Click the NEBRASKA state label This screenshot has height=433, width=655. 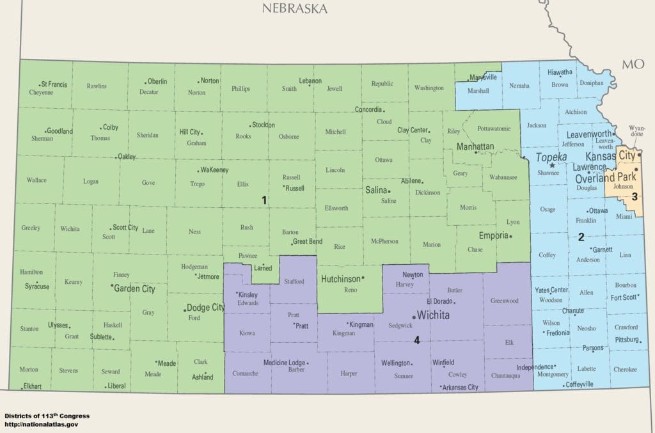pos(294,8)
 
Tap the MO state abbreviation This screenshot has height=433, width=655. pos(633,63)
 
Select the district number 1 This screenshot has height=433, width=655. pos(264,200)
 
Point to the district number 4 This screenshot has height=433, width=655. pos(416,340)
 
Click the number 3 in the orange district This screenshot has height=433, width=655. pos(634,196)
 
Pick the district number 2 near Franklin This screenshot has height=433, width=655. pos(581,237)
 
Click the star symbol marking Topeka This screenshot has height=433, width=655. pos(551,165)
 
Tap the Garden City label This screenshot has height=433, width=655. pos(134,288)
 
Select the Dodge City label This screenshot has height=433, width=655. pos(205,308)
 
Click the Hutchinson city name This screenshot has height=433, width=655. pos(340,279)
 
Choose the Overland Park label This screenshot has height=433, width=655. pos(603,178)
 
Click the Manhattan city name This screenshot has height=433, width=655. pos(475,146)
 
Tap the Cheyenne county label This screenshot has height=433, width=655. pos(41,92)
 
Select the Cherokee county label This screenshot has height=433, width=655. pos(625,369)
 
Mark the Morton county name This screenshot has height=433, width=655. pos(28,370)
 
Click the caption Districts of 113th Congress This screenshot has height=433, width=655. pos(47,416)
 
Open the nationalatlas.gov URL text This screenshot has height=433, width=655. pos(41,424)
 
